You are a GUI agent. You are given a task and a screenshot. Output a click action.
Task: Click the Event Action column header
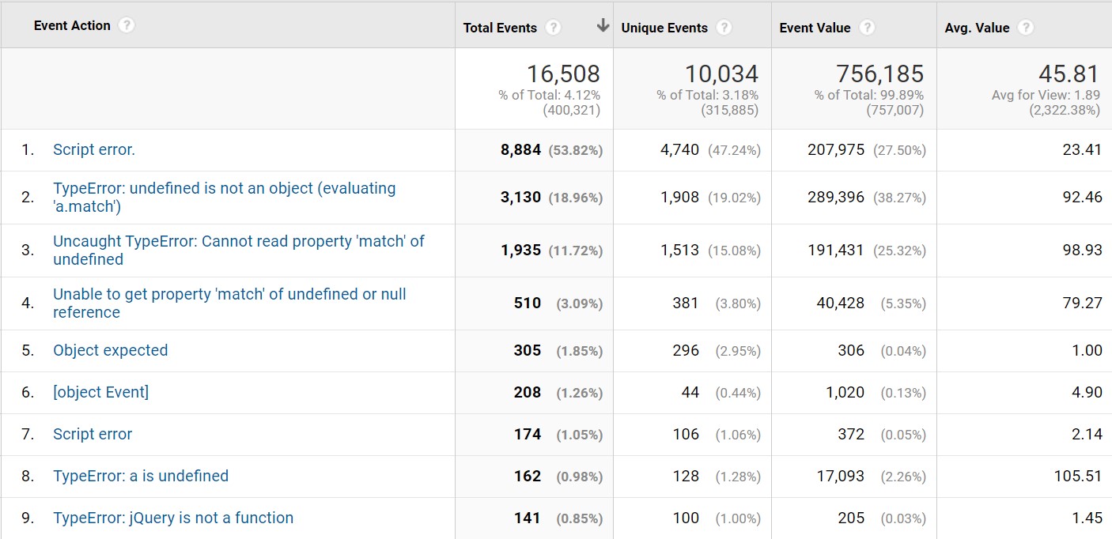[72, 26]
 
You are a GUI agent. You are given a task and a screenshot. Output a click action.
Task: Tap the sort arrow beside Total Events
[603, 25]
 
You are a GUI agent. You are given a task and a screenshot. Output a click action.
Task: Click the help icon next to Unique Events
[724, 28]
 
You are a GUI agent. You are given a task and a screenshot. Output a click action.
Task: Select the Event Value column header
[815, 28]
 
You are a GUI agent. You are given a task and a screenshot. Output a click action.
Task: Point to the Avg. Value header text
[977, 28]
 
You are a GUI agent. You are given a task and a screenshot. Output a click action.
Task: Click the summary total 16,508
[563, 73]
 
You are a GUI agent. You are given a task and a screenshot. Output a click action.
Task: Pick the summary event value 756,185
[879, 73]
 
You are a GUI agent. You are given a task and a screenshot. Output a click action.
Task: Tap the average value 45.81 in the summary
[1069, 73]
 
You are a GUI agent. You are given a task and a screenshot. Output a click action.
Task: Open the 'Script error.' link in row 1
[94, 149]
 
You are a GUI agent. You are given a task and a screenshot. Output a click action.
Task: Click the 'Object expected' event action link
[110, 351]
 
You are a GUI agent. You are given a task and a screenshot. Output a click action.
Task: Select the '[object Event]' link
[100, 392]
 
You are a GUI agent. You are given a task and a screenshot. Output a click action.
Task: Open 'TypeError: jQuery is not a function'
[173, 518]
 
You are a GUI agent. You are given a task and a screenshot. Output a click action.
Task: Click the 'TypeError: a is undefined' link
[141, 476]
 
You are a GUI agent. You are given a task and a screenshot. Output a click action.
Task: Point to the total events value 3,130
[520, 198]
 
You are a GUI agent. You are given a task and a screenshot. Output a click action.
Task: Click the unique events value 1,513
[679, 251]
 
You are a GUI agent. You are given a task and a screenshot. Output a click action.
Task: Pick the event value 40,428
[841, 303]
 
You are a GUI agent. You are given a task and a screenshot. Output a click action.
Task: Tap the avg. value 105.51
[1078, 476]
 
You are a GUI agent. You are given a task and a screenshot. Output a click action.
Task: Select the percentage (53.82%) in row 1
[576, 150]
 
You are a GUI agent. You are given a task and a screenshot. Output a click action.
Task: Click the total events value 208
[528, 392]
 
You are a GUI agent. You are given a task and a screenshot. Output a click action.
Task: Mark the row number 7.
[28, 435]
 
